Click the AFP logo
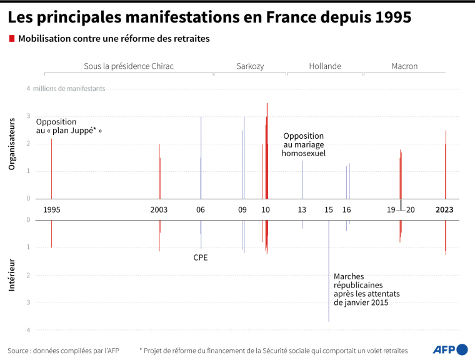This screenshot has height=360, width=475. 450,349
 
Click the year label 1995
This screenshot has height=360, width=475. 52,210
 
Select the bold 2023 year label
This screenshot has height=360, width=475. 444,210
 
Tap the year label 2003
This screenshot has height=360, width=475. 159,210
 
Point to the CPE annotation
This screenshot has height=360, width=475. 201,257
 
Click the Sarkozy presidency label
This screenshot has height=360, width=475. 250,66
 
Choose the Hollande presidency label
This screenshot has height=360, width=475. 325,66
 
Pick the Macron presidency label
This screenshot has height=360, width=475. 404,66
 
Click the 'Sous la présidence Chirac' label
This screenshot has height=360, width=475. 129,66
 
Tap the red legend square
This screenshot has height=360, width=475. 11,39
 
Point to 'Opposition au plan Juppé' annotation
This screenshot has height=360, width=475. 69,126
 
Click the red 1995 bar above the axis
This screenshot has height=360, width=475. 51,169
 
